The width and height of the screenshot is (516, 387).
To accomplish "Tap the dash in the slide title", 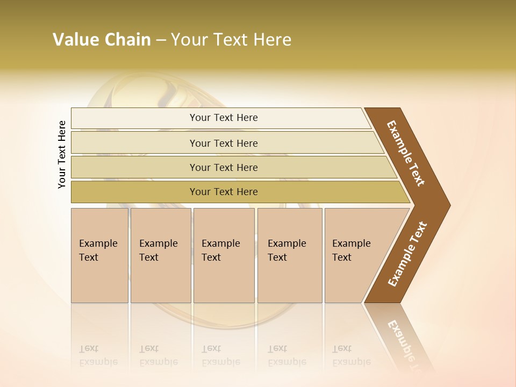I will coord(161,40).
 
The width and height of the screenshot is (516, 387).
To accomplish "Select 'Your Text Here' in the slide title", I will coord(231,40).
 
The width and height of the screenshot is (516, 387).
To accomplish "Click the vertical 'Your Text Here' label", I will coord(62,154).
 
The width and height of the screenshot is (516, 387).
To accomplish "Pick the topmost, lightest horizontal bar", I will coord(223,118).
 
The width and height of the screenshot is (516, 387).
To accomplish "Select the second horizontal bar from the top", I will coord(223,143).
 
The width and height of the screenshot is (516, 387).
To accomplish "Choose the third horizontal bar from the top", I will coord(223,167).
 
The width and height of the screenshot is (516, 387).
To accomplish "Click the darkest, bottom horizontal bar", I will coord(223,192).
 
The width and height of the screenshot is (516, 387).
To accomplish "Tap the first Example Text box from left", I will coord(99,255).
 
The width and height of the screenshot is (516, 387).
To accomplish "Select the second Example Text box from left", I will coord(160,255).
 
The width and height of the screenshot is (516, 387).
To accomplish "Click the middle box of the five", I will coord(224,255).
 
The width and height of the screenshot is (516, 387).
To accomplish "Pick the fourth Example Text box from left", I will coord(289,255).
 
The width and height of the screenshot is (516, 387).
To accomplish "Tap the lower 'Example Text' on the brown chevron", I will coord(407,254).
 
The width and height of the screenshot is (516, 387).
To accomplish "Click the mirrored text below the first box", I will coord(98,355).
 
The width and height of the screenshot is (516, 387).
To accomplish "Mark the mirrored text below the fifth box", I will coord(351,355).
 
